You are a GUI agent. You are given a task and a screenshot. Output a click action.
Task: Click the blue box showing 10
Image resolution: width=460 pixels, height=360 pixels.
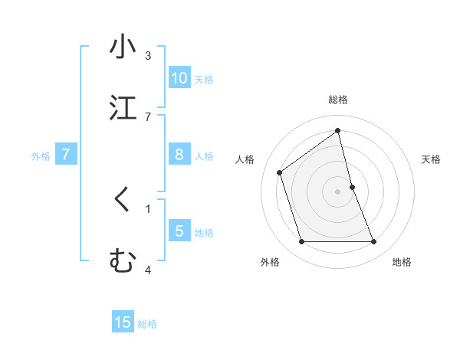(x=179, y=78)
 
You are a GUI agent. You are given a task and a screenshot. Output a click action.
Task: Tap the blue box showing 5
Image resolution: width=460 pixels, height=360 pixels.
(x=179, y=231)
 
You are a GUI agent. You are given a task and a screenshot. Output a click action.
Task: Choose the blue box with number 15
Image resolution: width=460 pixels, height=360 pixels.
(x=123, y=322)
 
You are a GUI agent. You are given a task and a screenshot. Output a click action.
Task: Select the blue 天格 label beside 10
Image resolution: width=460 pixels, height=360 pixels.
(x=204, y=80)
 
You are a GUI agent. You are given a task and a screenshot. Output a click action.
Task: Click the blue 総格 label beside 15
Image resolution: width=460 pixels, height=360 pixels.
(x=147, y=324)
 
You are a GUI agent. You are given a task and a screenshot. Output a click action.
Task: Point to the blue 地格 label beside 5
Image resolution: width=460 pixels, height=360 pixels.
(x=204, y=233)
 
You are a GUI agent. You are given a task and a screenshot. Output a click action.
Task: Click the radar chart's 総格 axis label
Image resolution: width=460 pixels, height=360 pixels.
(x=338, y=100)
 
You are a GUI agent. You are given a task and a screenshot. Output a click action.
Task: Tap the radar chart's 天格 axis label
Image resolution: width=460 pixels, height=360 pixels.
(x=432, y=159)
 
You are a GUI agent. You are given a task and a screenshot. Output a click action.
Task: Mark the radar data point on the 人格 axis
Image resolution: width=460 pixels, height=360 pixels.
(x=280, y=172)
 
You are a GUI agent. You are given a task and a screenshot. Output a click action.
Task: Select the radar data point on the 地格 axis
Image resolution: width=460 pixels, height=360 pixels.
(x=373, y=242)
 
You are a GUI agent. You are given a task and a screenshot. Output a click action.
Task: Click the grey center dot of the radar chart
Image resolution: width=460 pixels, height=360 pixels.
(x=338, y=191)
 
